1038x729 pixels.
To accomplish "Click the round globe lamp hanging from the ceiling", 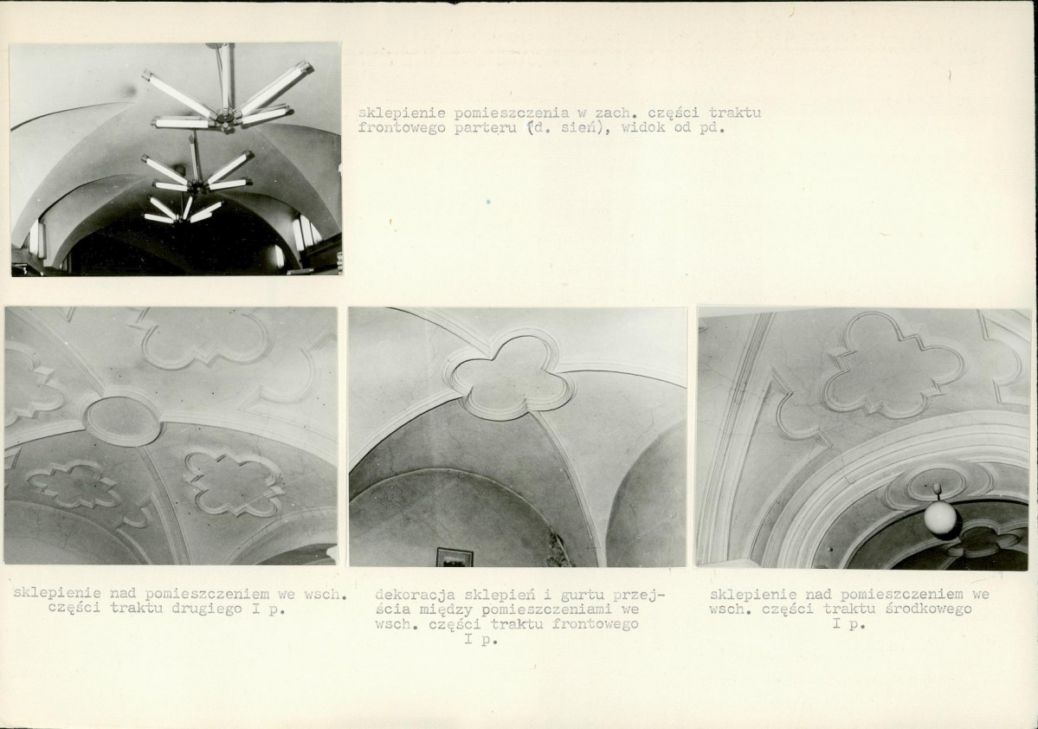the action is point(941,516).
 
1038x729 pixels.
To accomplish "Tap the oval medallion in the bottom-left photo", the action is point(123,420).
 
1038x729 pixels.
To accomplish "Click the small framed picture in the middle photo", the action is point(455,558).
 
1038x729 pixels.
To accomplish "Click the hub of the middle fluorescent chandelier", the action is point(196,184).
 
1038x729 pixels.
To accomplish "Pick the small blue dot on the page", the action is point(488,201).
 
